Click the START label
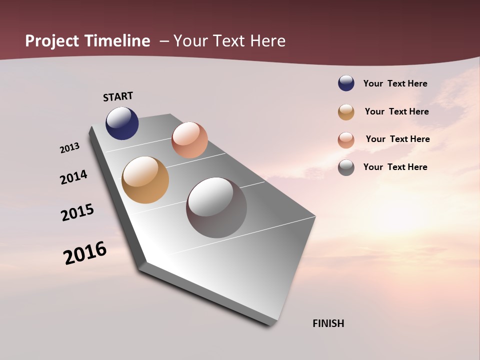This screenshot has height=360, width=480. [118, 96]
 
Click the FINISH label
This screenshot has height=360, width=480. [328, 323]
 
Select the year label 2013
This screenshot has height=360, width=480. [69, 148]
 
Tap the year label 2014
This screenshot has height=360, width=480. [73, 177]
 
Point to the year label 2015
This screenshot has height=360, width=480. [77, 212]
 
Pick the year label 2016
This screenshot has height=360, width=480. [85, 253]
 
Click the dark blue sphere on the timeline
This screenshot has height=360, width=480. [122, 123]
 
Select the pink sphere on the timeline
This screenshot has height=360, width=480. [189, 140]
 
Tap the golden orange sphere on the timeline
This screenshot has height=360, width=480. [145, 180]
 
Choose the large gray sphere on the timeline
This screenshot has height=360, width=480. [216, 207]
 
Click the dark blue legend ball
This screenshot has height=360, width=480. [346, 83]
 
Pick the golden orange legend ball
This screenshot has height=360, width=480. [346, 112]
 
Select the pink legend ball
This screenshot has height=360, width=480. [346, 140]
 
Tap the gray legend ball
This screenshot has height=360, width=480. [346, 167]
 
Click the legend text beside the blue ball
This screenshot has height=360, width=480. [395, 84]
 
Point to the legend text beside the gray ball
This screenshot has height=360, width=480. [395, 167]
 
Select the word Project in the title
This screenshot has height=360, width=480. [52, 41]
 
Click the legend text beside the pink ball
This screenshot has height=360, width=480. [397, 139]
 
